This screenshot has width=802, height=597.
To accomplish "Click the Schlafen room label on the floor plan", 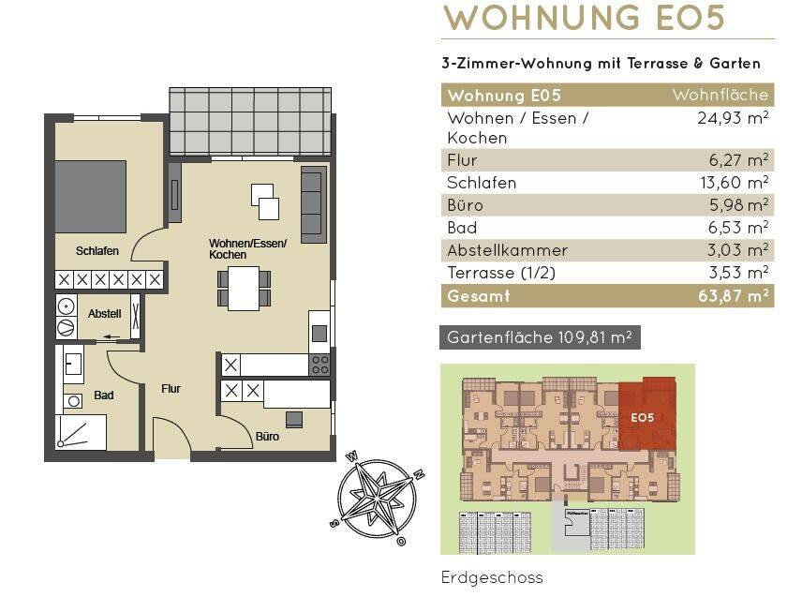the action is [97, 250].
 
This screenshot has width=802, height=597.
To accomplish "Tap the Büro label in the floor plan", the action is [267, 437].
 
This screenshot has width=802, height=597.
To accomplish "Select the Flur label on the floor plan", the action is [171, 389].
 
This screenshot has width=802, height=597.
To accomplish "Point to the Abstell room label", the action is [104, 314].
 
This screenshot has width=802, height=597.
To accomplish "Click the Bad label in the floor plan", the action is [104, 395].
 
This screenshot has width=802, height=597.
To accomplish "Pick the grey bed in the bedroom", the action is [91, 197].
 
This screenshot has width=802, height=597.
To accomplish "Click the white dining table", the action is [244, 289].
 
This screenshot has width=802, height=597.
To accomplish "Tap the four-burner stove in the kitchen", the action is [319, 365].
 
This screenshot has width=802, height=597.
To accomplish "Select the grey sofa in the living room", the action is [314, 204].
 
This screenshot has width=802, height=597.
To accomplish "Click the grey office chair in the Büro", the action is [294, 420].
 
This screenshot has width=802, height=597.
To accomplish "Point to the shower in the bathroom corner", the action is [81, 432].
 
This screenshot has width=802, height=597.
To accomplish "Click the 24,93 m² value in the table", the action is [733, 118].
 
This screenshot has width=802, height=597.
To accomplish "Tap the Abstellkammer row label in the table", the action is [508, 250].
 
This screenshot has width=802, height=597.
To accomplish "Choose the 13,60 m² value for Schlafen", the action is [734, 183].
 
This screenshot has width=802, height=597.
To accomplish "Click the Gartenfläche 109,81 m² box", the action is [540, 337].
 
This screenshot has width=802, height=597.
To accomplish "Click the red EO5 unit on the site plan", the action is [647, 414].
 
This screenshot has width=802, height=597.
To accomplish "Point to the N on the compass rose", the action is [419, 474].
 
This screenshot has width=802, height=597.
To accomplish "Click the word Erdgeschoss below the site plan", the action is [492, 577].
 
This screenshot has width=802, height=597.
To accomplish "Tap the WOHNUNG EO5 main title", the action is [584, 17].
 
